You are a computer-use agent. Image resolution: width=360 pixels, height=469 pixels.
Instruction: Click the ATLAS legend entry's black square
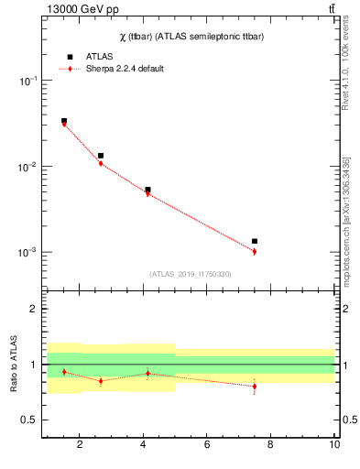70,57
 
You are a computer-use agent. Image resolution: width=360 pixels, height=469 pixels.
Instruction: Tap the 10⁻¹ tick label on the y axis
27,82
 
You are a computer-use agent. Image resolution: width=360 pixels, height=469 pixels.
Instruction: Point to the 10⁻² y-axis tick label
27,167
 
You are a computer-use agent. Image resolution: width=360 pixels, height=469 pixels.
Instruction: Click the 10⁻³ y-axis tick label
27,252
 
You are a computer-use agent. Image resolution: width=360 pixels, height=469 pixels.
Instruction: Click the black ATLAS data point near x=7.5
255,241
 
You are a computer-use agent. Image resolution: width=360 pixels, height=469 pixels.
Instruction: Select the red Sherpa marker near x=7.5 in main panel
255,251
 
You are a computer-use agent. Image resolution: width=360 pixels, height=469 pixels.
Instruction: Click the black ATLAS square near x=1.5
64,121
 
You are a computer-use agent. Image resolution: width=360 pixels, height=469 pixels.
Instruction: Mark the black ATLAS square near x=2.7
101,156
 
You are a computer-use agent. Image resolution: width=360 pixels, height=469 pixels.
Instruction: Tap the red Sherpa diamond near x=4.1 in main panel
147,193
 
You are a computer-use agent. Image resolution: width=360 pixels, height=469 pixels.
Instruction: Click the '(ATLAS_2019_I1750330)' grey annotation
190,274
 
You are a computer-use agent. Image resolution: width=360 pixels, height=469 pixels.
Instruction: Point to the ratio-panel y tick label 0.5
28,420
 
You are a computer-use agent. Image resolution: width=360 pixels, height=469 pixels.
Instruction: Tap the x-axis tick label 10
334,445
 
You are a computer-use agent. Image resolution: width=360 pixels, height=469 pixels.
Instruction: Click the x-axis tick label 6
207,445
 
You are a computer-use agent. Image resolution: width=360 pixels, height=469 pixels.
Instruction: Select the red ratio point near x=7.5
255,386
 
